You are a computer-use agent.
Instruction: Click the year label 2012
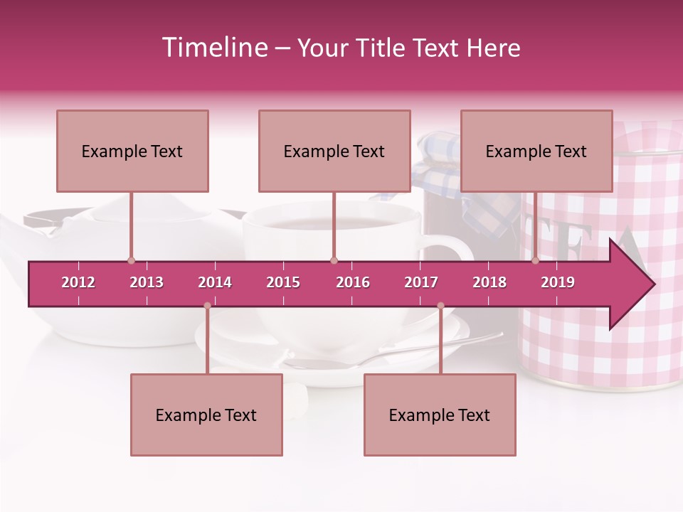78,282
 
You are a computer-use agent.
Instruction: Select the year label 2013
147,282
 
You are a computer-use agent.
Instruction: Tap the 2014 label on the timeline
215,282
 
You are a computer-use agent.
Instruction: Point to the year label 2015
283,282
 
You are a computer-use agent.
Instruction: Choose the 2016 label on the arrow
353,282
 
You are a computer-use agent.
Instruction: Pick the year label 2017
421,282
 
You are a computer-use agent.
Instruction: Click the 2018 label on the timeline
489,282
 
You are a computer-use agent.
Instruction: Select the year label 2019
558,282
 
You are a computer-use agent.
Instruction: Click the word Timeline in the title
213,48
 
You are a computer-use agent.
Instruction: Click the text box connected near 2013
132,151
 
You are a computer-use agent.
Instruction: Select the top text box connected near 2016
334,151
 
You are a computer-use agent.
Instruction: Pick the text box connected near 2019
536,151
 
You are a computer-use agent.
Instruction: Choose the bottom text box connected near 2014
206,415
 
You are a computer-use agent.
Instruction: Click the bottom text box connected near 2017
440,415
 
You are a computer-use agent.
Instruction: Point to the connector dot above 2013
131,261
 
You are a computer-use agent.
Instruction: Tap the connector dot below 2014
207,306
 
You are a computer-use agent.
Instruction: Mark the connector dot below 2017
440,306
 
